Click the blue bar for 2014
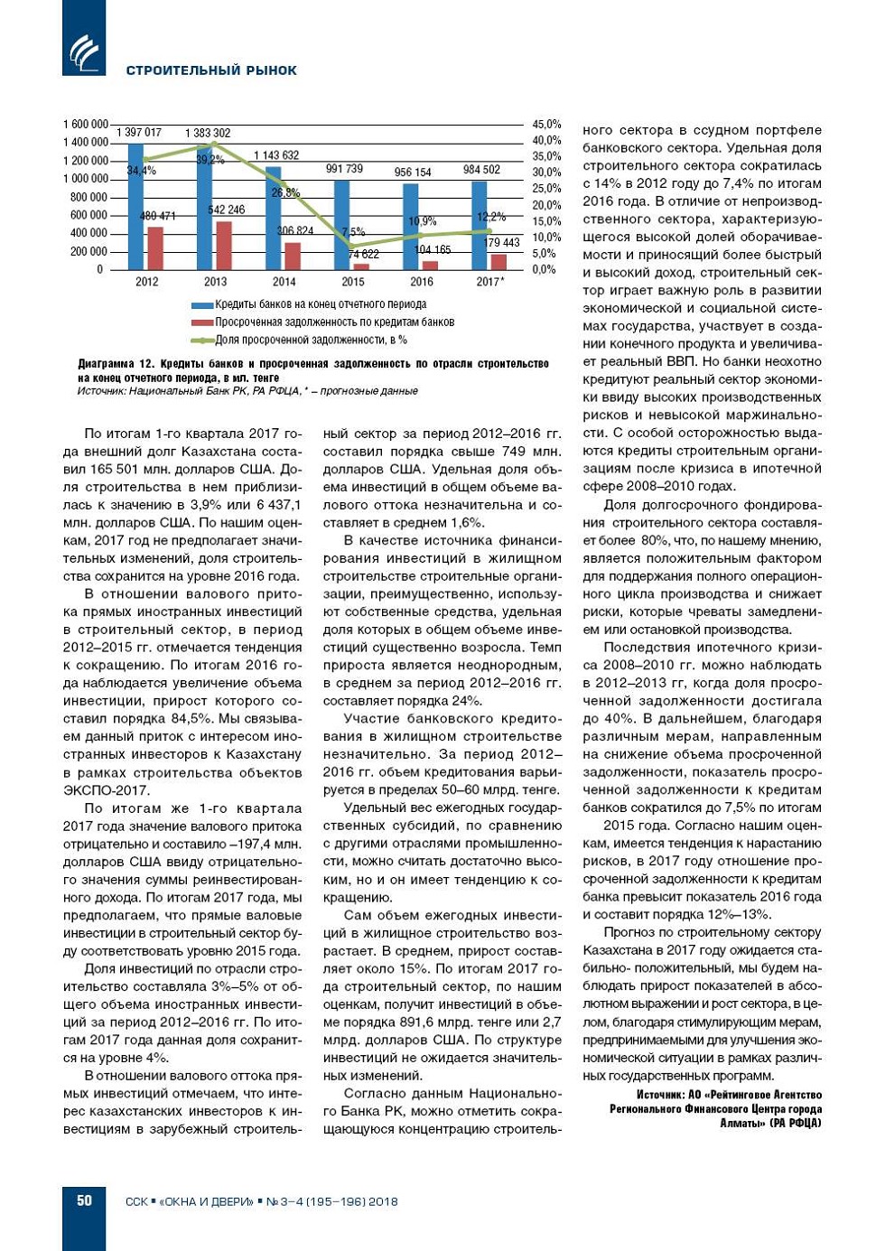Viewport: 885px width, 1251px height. point(273,218)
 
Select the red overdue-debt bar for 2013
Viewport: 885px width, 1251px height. point(224,245)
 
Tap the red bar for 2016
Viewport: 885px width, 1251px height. point(430,265)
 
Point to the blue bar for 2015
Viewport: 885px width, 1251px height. point(341,225)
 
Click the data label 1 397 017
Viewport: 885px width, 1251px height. point(139,133)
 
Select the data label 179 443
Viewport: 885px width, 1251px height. point(502,242)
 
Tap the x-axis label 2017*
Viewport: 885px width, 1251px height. point(489,282)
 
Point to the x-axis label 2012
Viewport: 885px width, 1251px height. point(146,282)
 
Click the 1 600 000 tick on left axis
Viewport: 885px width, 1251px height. point(85,124)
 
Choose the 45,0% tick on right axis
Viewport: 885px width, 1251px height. point(546,124)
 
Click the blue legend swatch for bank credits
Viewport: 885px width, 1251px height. point(201,305)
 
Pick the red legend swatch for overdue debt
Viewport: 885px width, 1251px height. point(201,322)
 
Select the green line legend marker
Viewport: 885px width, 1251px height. point(201,341)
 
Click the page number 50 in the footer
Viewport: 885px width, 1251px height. point(84,1200)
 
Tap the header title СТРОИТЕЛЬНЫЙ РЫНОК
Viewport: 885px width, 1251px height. point(211,70)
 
